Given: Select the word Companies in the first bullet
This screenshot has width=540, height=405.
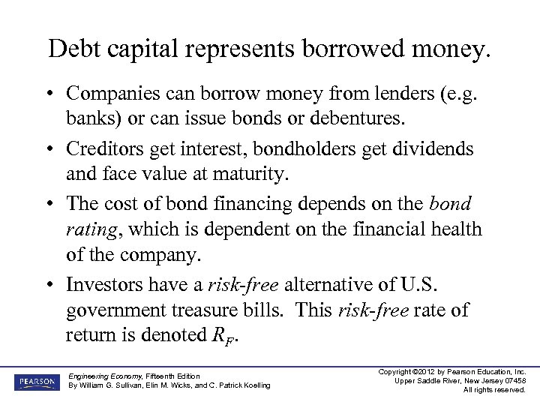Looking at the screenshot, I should click(x=112, y=94).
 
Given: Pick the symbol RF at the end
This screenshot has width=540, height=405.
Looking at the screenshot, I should click(x=227, y=335).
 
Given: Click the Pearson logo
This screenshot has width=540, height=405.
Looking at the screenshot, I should click(x=35, y=382).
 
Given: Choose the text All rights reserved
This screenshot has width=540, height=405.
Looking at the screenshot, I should click(x=494, y=390).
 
